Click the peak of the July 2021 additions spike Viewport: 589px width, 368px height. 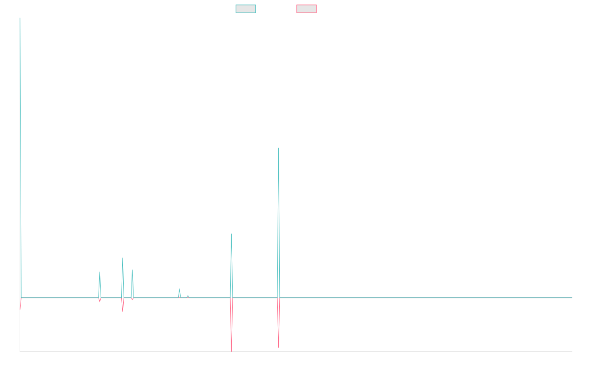tap(278, 148)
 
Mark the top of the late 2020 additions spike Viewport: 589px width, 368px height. tap(231, 234)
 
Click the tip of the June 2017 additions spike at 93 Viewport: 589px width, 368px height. tap(20, 111)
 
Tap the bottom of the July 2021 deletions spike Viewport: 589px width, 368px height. tap(278, 347)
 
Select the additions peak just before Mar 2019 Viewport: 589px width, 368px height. tap(123, 258)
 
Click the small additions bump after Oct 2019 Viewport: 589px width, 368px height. tap(179, 289)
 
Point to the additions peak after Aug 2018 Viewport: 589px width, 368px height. tap(100, 272)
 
